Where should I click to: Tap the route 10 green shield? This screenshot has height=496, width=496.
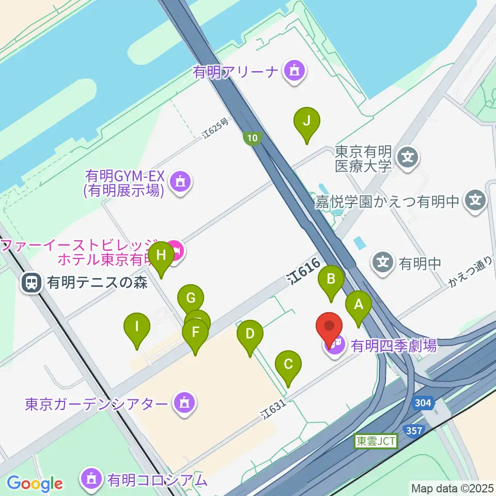pyautogui.click(x=252, y=138)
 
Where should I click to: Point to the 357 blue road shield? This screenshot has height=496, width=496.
pyautogui.click(x=414, y=430)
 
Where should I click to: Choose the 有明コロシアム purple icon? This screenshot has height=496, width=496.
pyautogui.click(x=91, y=479)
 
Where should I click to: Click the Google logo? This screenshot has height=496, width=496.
pyautogui.click(x=35, y=484)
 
